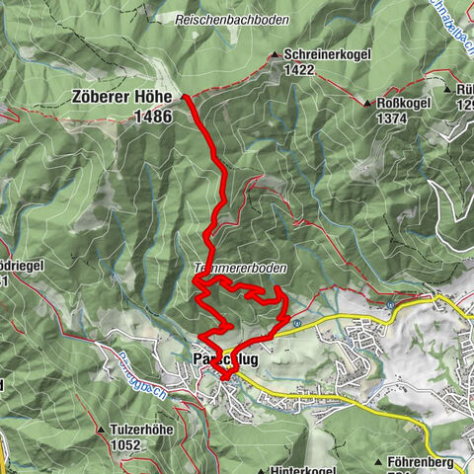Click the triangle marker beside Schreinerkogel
pos(274,55)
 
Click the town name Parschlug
pos(219,359)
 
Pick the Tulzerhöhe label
pos(142,431)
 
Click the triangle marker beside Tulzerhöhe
pos(102,431)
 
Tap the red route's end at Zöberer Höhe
pos(186,97)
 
